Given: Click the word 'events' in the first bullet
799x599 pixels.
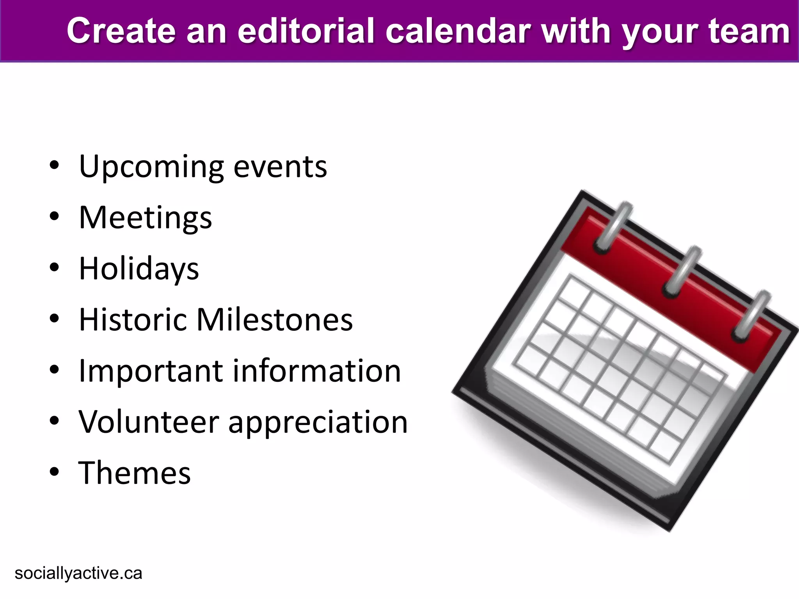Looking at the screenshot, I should click(280, 167).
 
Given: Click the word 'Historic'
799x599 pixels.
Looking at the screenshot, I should click(133, 320).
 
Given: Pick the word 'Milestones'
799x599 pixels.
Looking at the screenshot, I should click(274, 320).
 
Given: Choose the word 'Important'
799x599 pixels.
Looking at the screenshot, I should click(151, 371).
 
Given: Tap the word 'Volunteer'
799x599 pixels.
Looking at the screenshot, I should click(149, 422).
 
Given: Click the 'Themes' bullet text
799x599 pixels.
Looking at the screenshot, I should click(135, 473).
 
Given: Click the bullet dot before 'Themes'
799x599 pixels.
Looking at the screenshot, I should click(54, 472).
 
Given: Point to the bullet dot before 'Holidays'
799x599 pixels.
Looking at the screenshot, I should click(54, 268).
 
